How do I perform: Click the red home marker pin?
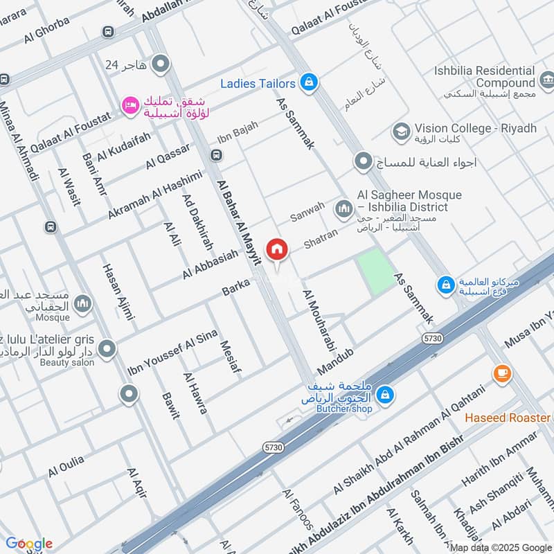[277, 249]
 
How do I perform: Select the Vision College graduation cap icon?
[400, 130]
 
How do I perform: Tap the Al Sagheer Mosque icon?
[343, 208]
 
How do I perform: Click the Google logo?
[28, 544]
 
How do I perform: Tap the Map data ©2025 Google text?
[499, 547]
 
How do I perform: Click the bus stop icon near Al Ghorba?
[107, 32]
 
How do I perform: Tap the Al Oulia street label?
[66, 465]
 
